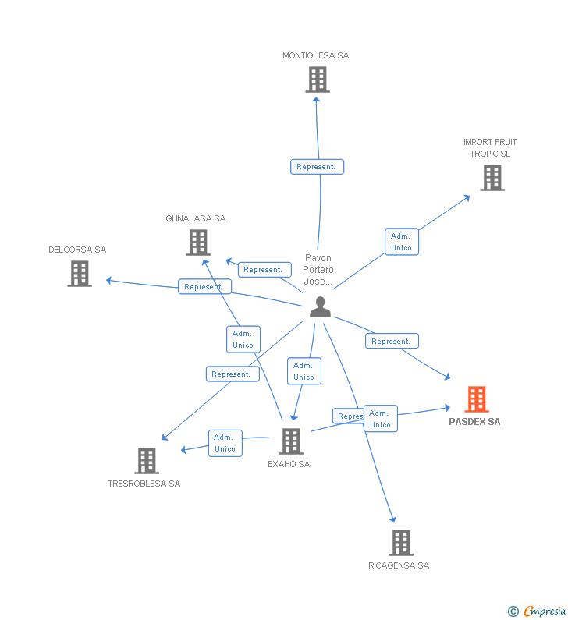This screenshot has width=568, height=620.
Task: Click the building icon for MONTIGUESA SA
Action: (x=317, y=80)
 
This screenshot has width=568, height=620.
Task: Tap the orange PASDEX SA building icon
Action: (x=477, y=399)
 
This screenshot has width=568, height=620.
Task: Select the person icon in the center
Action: (x=320, y=307)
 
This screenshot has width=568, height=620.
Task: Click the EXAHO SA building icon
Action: (x=290, y=441)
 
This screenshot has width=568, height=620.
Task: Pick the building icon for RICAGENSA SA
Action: (x=400, y=542)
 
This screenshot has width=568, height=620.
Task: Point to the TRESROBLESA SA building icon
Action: (x=146, y=461)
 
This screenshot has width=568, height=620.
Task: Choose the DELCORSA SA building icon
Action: (x=80, y=274)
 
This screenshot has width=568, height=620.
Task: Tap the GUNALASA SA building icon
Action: (x=198, y=243)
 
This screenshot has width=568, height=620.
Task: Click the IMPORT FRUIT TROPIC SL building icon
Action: (x=492, y=178)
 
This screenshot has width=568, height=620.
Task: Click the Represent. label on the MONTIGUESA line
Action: (x=317, y=167)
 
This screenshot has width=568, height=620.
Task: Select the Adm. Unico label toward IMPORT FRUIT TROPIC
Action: (x=401, y=242)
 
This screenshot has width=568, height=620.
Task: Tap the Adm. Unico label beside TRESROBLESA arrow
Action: (x=225, y=443)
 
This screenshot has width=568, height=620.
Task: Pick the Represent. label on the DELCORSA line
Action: (x=204, y=286)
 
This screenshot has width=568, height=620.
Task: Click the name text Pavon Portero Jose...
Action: (x=318, y=270)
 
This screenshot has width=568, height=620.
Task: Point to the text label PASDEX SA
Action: (x=474, y=422)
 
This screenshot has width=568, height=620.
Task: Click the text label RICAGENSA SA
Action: (x=399, y=565)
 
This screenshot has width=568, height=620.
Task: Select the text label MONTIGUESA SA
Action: (x=316, y=55)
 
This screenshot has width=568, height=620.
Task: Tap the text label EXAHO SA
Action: (x=289, y=464)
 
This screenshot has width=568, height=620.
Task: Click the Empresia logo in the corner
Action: (x=538, y=611)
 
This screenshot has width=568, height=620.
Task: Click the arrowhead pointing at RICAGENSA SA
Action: (x=393, y=519)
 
